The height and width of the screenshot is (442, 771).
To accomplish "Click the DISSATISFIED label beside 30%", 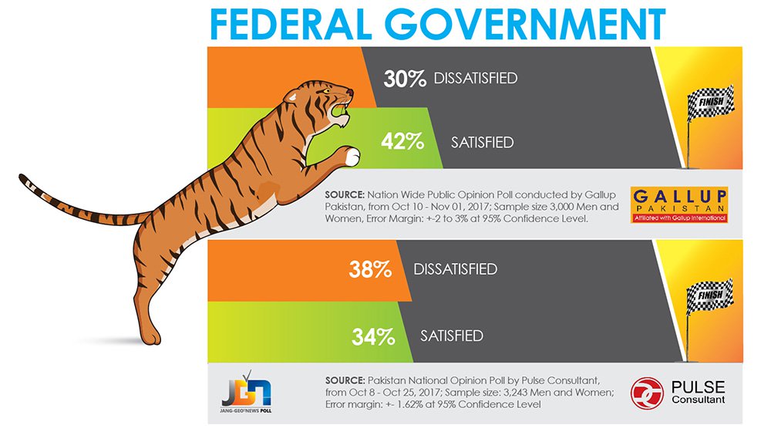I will click(x=476, y=78).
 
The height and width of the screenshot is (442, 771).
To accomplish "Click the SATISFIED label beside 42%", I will click(x=483, y=142).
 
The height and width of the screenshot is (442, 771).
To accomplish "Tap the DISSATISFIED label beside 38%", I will click(x=456, y=270).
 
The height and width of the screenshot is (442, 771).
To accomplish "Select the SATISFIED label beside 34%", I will click(x=452, y=336).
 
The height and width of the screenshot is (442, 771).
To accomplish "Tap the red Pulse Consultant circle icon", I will click(x=647, y=393).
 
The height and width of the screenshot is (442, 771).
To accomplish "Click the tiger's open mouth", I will click(x=340, y=111).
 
